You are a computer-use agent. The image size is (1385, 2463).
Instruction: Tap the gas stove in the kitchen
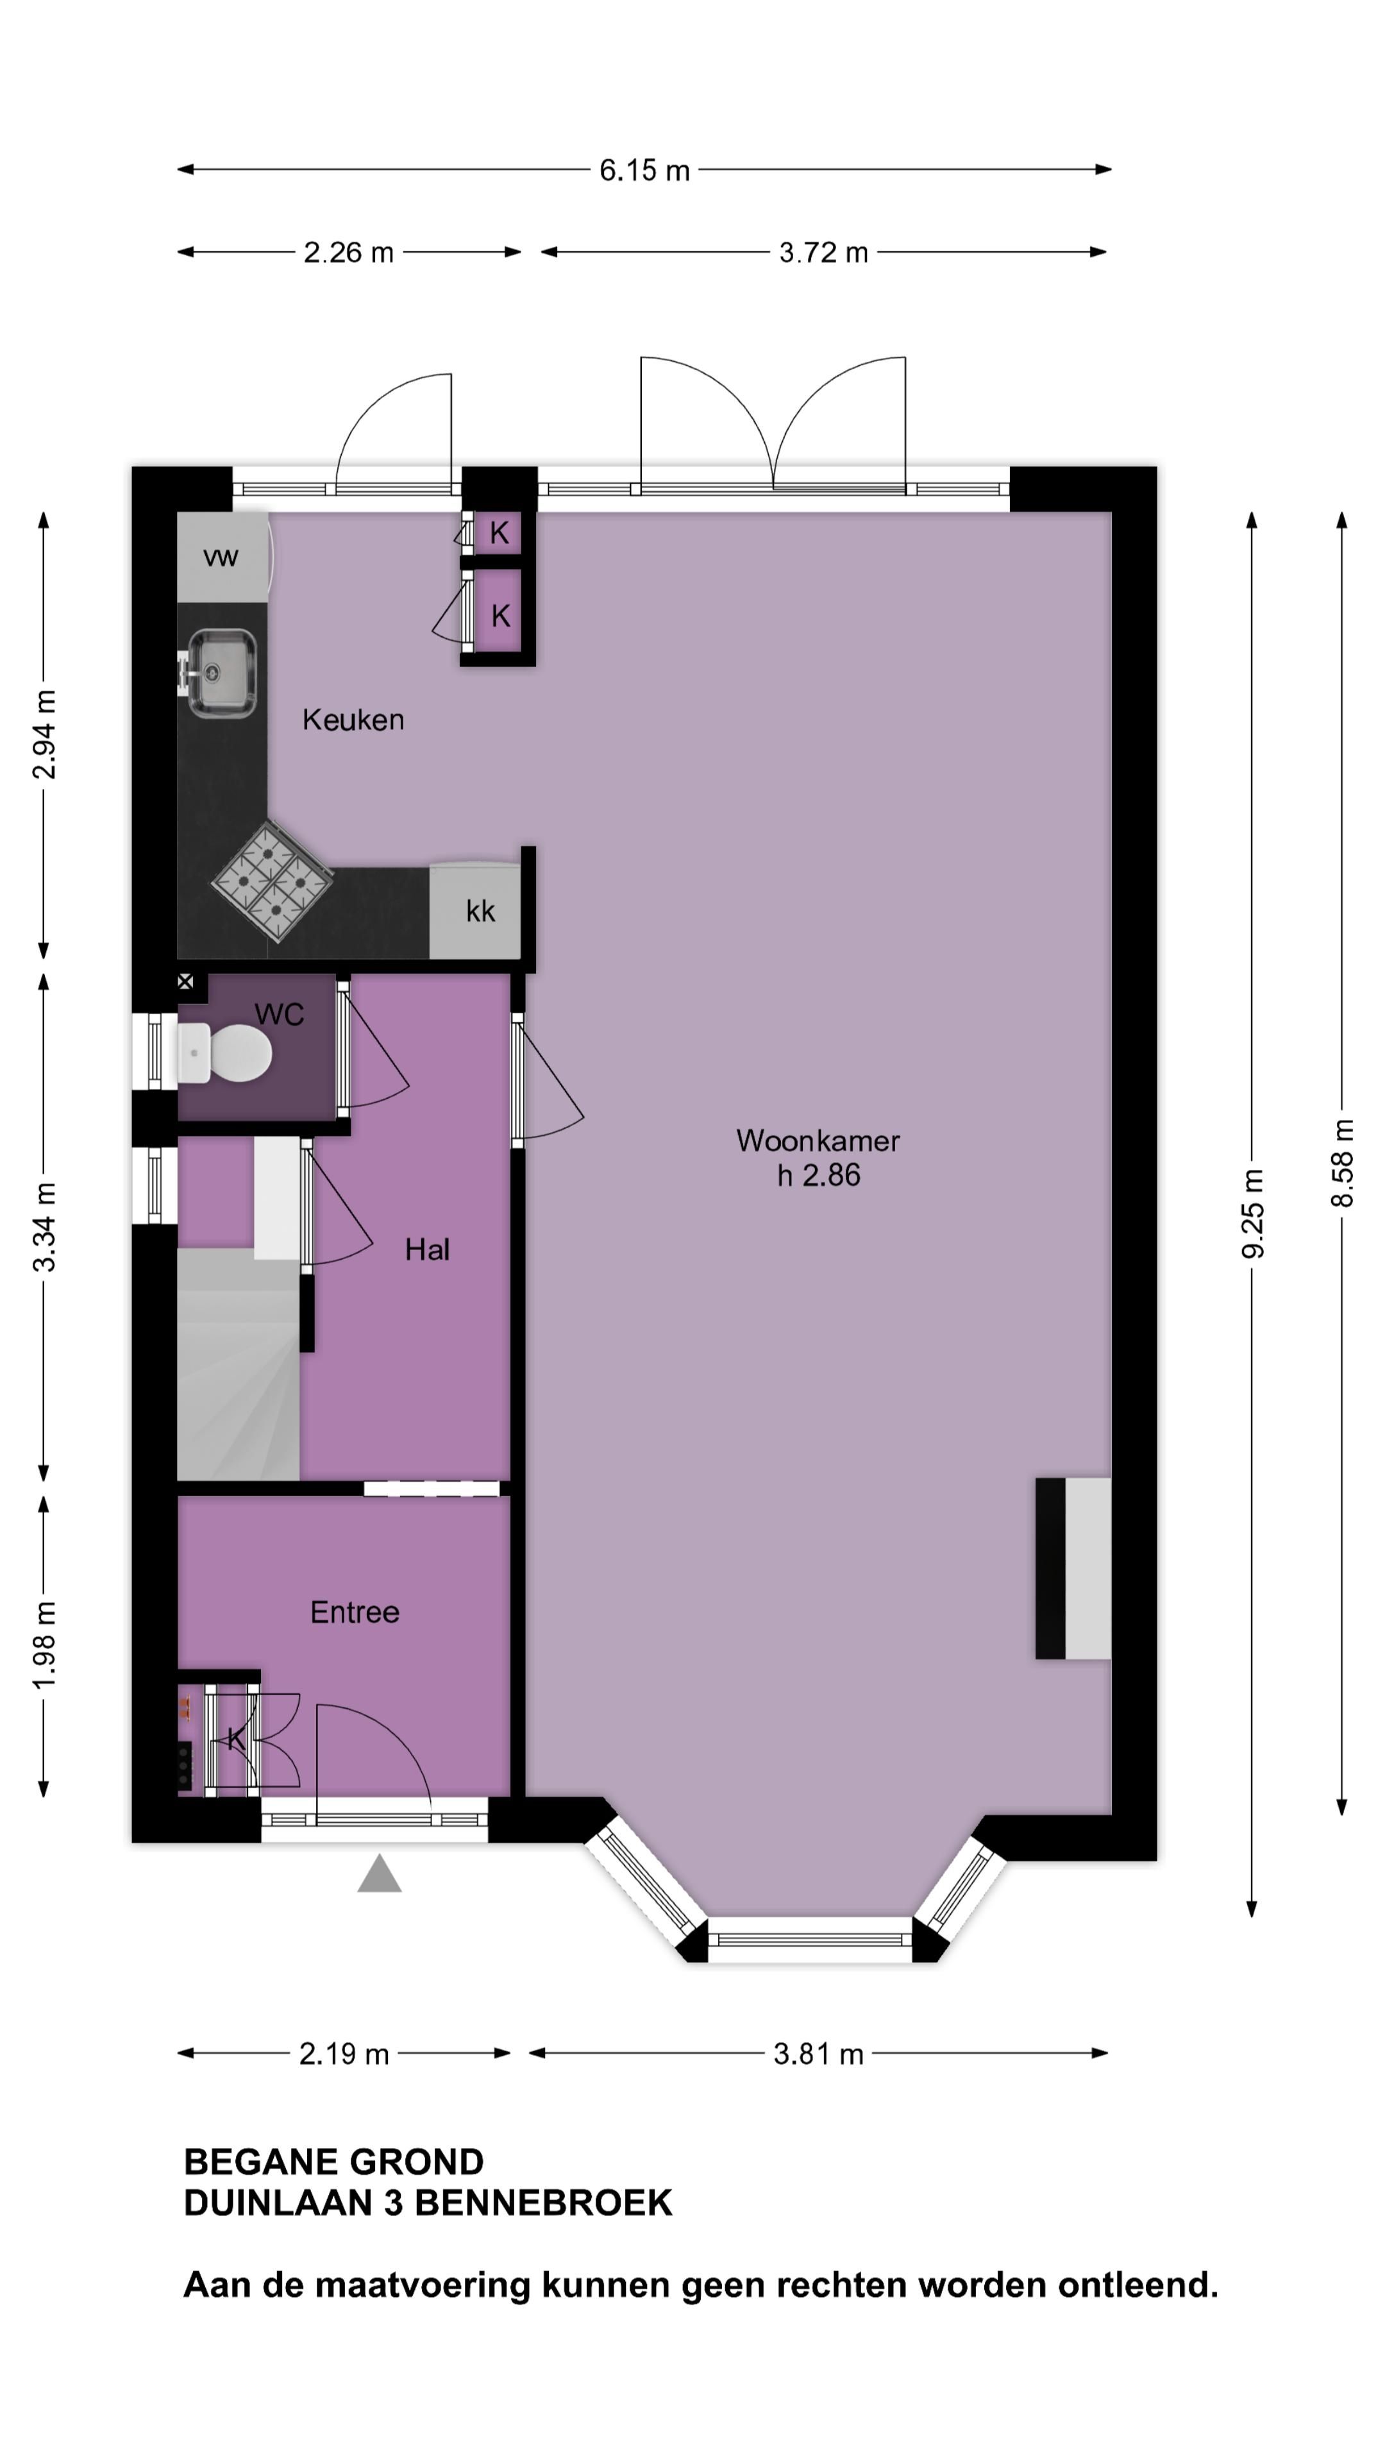(x=273, y=881)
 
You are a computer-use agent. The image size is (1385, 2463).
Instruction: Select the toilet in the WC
(x=226, y=1053)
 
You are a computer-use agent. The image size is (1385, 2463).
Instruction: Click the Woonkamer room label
(x=818, y=1140)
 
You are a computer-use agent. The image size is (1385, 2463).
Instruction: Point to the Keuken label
(x=353, y=719)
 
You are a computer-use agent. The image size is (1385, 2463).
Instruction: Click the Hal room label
(x=426, y=1249)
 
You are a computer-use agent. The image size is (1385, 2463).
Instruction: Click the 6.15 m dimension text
(x=644, y=170)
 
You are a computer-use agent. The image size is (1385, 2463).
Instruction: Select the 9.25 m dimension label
(x=1252, y=1214)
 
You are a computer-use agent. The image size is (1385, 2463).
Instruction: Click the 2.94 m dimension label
(x=44, y=734)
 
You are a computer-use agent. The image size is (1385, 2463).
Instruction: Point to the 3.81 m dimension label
(x=818, y=2054)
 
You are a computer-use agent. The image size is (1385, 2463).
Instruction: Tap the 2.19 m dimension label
(x=344, y=2054)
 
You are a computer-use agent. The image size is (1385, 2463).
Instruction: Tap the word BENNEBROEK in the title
(x=543, y=2203)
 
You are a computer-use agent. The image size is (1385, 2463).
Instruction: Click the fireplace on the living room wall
(x=1073, y=1568)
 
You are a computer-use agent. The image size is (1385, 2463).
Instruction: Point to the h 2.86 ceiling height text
(x=818, y=1174)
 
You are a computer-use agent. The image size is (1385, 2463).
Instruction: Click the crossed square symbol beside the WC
(x=185, y=981)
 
